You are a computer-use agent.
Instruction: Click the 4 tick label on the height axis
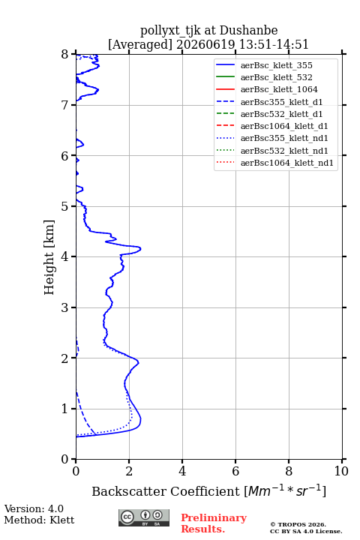pos(65,256)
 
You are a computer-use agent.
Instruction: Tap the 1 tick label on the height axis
pos(65,409)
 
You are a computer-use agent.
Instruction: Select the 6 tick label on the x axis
pos(235,471)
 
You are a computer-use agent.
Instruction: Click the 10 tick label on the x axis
pos(341,471)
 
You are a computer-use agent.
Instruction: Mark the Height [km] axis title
pos(49,257)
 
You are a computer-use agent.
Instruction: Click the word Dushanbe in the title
pos(248,31)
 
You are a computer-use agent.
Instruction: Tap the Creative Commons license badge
pos(144,517)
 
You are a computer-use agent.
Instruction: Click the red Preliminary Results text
pos(214,523)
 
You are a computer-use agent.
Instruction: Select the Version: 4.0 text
pos(34,508)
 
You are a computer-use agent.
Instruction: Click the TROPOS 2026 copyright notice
pos(298,524)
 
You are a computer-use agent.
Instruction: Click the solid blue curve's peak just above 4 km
pos(140,248)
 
